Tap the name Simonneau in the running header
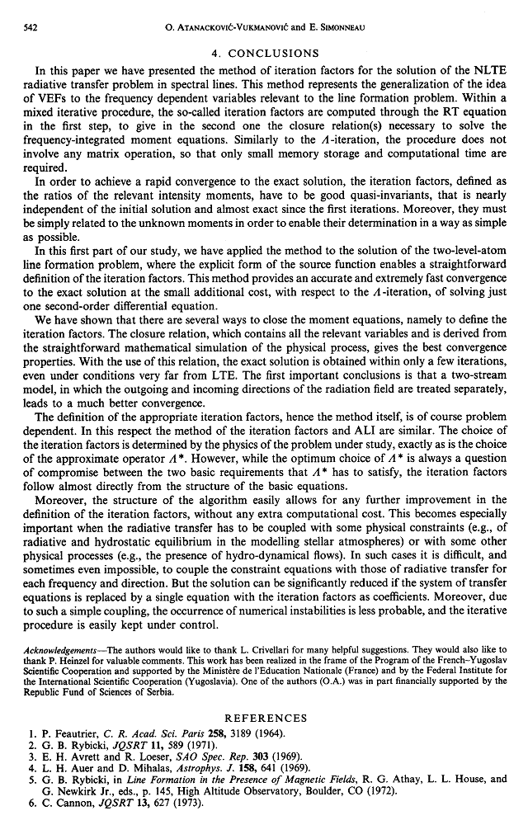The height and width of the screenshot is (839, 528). [341, 28]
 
